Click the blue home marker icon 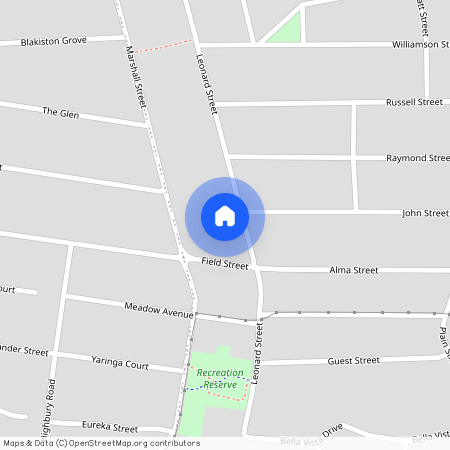point(224,215)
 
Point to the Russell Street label point(414,102)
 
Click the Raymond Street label point(418,158)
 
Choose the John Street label point(425,213)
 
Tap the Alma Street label point(354,270)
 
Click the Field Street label point(224,265)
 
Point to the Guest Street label point(353,360)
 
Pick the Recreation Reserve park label point(217,378)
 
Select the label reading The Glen point(60,113)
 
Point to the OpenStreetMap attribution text point(101,443)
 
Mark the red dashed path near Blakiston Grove point(164,45)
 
